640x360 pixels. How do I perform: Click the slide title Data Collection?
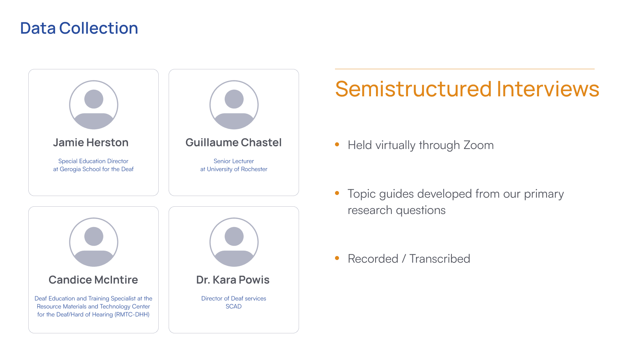pos(79,28)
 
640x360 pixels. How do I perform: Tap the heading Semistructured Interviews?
pos(467,89)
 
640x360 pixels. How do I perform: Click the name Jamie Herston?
pos(91,143)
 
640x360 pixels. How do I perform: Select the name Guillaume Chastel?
pos(234,143)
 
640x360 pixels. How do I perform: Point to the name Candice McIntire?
pos(93,280)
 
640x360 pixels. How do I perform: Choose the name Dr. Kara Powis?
pos(233,280)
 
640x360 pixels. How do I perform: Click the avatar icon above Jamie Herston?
pos(94,105)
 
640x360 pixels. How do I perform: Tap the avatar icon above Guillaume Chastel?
pos(234,105)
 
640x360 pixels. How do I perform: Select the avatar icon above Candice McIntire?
pos(94,242)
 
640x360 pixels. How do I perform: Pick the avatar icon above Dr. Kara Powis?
pos(234,242)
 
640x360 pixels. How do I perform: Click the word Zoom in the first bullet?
pos(479,145)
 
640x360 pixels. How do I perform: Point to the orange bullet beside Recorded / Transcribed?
pos(337,258)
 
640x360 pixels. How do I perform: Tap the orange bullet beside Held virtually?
pos(337,144)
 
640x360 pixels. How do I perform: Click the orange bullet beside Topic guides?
pos(337,193)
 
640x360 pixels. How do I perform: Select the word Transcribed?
pos(440,259)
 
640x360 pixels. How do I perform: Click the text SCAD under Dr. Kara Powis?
pos(234,306)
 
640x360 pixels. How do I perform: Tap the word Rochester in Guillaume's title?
pos(254,169)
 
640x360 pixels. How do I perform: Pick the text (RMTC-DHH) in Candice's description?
pos(132,314)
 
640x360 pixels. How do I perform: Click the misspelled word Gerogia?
pos(70,169)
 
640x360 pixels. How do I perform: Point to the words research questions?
pos(397,211)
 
